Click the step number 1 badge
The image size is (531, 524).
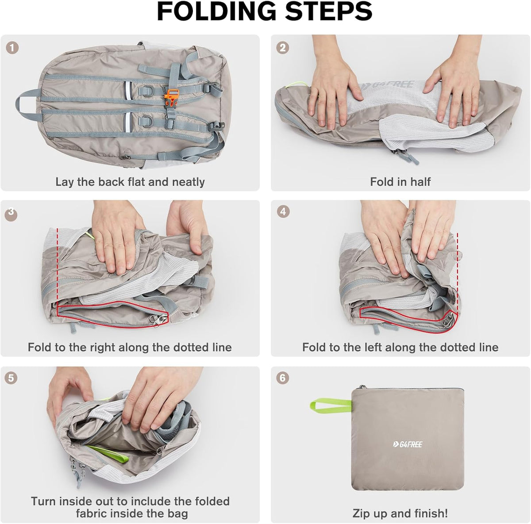(12, 48)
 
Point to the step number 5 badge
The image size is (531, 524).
(12, 378)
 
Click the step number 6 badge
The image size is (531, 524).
(282, 378)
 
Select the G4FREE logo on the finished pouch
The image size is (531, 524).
(407, 444)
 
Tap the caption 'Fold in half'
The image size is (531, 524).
(400, 182)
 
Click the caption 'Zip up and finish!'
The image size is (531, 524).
(400, 513)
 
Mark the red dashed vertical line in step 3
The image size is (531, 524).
(57, 265)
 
